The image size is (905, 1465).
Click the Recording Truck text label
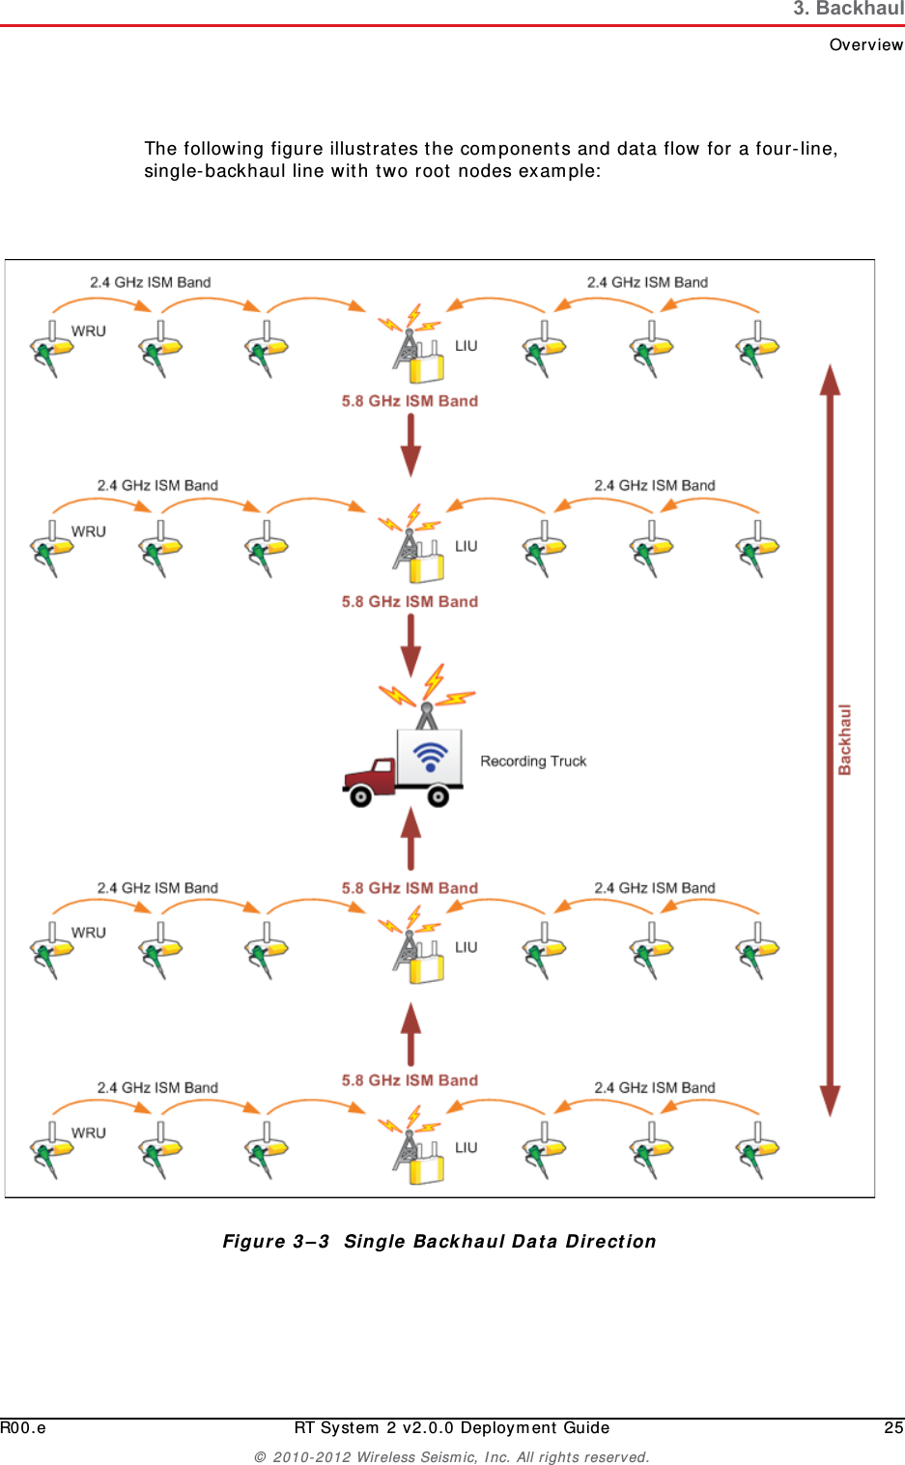pos(533,761)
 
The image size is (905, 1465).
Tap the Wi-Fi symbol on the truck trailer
pos(430,755)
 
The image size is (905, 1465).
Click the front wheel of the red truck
pos(360,796)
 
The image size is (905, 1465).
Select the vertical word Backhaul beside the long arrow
pos(845,739)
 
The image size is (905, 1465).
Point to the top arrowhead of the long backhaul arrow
pos(830,380)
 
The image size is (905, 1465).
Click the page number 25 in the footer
pos(893,1427)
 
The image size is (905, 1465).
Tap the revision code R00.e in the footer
pos(23,1427)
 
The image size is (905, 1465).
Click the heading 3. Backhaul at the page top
pos(848,10)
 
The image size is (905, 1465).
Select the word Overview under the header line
pos(865,44)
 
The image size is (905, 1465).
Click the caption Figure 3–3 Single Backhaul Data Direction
pos(439,1242)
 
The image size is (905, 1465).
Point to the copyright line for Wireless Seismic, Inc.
pos(452,1457)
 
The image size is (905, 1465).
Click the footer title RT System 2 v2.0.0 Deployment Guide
pos(452,1427)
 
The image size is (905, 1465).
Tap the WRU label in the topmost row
pos(89,330)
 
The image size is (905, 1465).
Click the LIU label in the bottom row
pos(467,1147)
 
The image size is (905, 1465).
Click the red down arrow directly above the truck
pos(411,646)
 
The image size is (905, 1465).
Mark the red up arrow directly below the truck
pos(411,838)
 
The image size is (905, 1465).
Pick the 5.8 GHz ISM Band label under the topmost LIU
pos(410,401)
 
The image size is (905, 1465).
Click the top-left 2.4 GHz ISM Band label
pos(150,282)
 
